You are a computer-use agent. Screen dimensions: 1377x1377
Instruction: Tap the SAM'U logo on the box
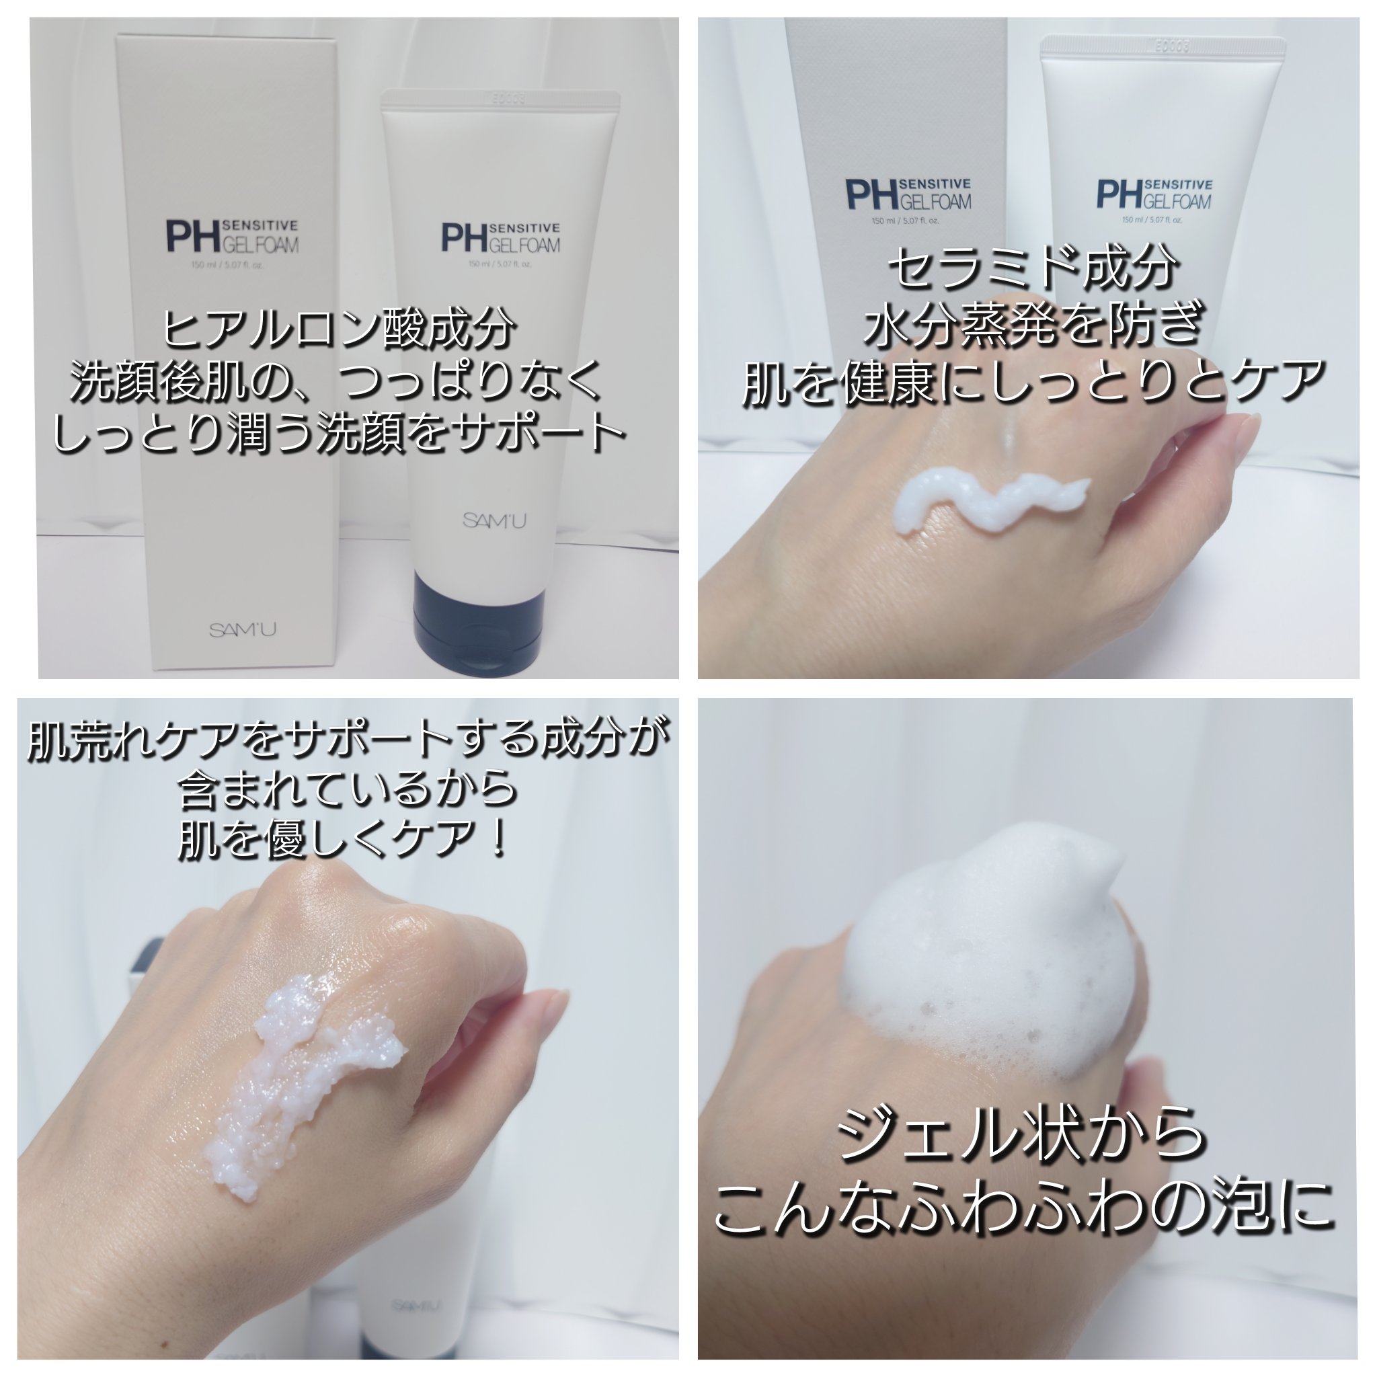pyautogui.click(x=243, y=630)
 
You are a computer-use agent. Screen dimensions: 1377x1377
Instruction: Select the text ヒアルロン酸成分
pyautogui.click(x=340, y=329)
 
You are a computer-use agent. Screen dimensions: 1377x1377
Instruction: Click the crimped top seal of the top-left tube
pyautogui.click(x=500, y=100)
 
